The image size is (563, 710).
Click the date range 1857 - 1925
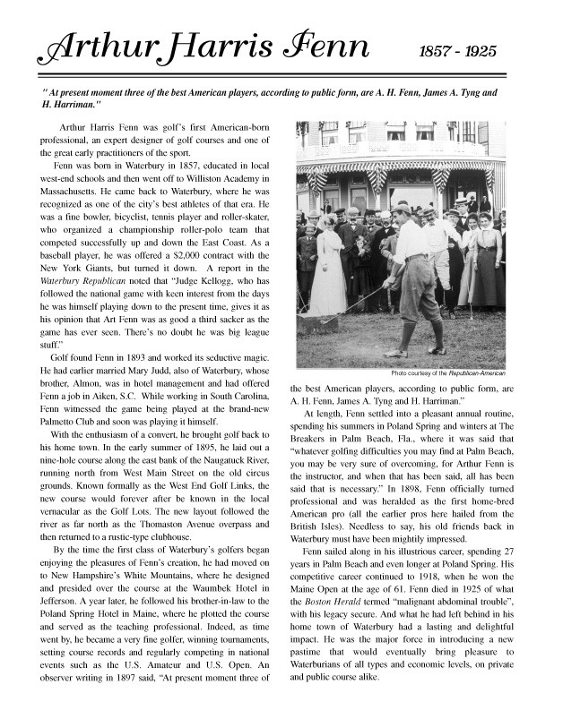[457, 51]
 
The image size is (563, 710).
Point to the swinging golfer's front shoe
[437, 349]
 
